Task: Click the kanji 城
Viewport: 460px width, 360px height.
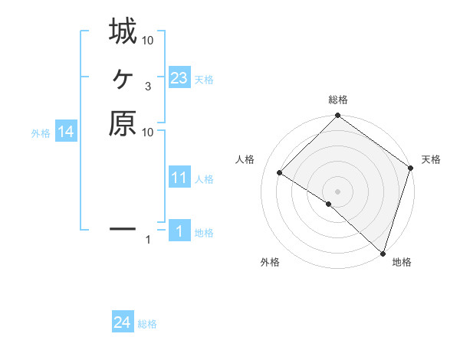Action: pyautogui.click(x=123, y=32)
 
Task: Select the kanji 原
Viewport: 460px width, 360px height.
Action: pyautogui.click(x=123, y=123)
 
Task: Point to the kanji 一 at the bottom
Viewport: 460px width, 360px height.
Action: pyautogui.click(x=123, y=227)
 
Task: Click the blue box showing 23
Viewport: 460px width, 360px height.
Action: pyautogui.click(x=179, y=77)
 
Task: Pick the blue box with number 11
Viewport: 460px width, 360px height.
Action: pyautogui.click(x=179, y=178)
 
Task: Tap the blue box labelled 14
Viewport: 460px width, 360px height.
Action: pyautogui.click(x=67, y=132)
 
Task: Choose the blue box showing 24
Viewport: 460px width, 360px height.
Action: pyautogui.click(x=123, y=322)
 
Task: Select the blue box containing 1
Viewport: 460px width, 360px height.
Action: pyautogui.click(x=179, y=231)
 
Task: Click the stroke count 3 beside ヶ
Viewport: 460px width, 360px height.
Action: pyautogui.click(x=147, y=87)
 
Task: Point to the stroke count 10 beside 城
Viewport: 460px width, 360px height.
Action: pyautogui.click(x=148, y=41)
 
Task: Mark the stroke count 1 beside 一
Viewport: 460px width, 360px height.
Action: pyautogui.click(x=148, y=241)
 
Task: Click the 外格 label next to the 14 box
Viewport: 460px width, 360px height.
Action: pyautogui.click(x=41, y=133)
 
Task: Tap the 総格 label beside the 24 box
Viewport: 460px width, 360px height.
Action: pyautogui.click(x=147, y=324)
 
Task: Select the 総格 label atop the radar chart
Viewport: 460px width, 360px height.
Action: pyautogui.click(x=338, y=100)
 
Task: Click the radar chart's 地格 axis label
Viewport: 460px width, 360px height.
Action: pyautogui.click(x=402, y=262)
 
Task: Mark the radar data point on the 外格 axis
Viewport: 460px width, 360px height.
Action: pyautogui.click(x=329, y=205)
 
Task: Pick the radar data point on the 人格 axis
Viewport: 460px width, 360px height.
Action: pyautogui.click(x=280, y=174)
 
